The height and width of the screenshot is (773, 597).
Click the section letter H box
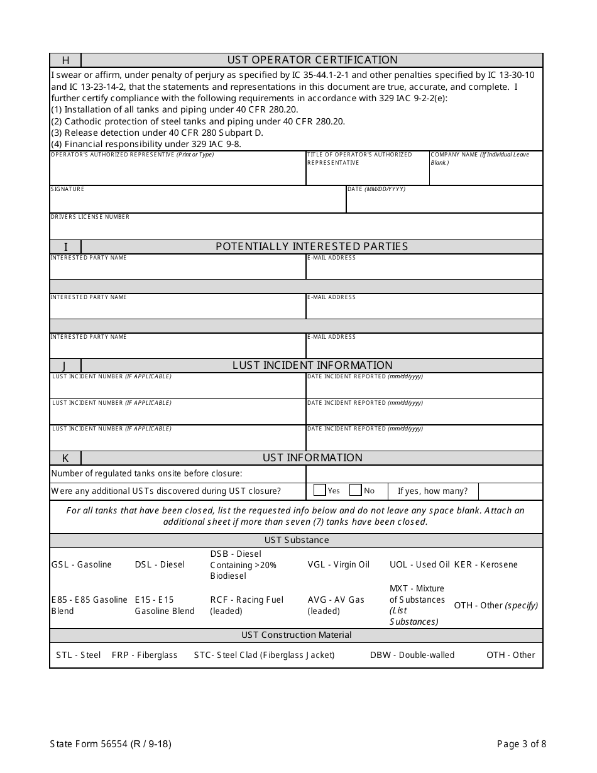(66, 60)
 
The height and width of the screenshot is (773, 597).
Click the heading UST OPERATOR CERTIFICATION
(312, 60)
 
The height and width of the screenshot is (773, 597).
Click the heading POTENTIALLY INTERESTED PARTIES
(312, 246)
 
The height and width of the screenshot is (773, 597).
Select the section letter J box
(66, 366)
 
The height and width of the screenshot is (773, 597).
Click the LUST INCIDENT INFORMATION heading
(312, 365)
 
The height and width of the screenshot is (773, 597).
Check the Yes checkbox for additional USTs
(319, 491)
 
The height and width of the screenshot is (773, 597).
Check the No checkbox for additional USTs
(355, 491)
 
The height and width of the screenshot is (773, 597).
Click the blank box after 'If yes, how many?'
(510, 491)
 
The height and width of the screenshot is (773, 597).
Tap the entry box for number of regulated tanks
(424, 474)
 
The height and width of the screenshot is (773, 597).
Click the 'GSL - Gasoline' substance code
(82, 564)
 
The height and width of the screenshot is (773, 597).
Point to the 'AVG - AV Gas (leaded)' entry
(336, 605)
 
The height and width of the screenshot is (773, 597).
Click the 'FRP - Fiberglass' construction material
(145, 655)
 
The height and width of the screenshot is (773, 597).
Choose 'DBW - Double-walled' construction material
(412, 655)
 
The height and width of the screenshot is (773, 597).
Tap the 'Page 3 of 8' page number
(521, 744)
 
